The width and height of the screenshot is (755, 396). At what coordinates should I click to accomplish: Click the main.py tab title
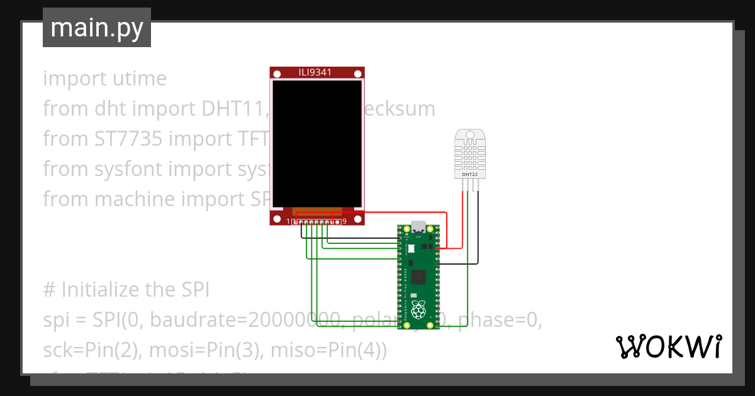coord(96,28)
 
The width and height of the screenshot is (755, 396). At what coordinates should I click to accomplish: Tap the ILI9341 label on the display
coord(315,73)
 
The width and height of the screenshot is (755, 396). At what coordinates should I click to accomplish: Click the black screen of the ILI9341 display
coord(317,143)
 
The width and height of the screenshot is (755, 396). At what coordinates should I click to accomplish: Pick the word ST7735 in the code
coord(124,139)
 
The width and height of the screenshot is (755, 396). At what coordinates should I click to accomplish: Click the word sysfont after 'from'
coord(125,169)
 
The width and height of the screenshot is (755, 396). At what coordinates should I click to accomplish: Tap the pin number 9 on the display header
coord(344,221)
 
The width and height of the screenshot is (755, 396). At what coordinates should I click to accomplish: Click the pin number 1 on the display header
coord(289,221)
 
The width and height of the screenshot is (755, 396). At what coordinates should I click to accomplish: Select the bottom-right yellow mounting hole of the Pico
coord(430,326)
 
